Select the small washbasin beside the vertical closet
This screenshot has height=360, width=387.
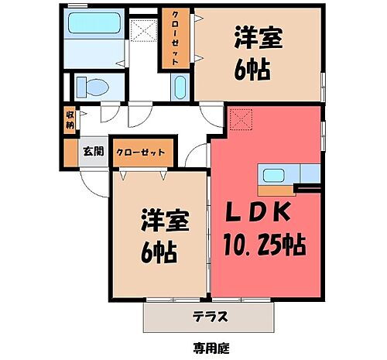pyautogui.click(x=180, y=87)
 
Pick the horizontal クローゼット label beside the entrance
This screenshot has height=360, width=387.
pyautogui.click(x=141, y=153)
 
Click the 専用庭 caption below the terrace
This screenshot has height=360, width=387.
pyautogui.click(x=210, y=348)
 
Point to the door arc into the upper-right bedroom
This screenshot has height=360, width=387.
pyautogui.click(x=206, y=115)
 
